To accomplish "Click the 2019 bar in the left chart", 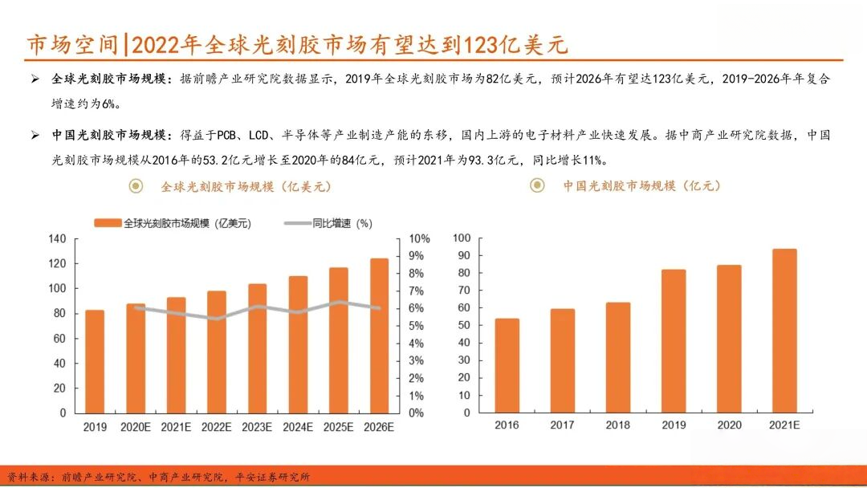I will (x=95, y=361).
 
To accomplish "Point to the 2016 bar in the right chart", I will (x=507, y=366).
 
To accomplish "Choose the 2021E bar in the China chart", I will (x=784, y=331).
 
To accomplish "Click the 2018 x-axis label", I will (x=617, y=425).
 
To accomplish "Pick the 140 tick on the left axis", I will (x=56, y=238).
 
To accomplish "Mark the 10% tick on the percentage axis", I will (x=419, y=238).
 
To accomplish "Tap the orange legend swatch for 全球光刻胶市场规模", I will (x=108, y=223).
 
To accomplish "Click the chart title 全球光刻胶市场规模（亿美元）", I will (x=246, y=186).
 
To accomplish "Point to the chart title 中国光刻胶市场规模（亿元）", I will (x=641, y=185).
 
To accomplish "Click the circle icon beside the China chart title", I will (x=537, y=185).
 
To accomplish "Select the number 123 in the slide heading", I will (x=480, y=44).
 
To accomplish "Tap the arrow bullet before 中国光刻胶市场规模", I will (x=35, y=136).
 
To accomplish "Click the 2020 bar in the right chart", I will (x=729, y=339).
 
